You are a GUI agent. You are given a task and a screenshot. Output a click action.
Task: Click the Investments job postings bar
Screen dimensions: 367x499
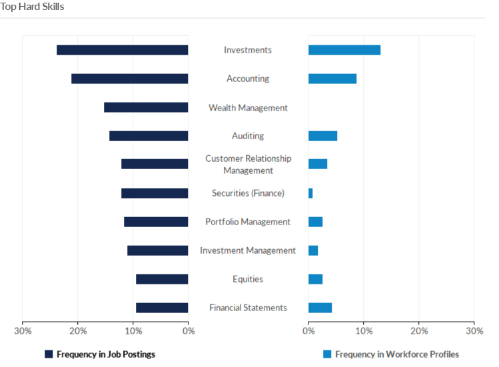click(123, 50)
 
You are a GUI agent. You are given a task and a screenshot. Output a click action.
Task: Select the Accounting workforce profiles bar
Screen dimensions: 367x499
click(332, 79)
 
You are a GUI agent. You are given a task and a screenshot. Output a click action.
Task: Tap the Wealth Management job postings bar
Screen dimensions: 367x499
click(146, 107)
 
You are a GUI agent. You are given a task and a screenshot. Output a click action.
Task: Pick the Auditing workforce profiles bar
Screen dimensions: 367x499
click(322, 136)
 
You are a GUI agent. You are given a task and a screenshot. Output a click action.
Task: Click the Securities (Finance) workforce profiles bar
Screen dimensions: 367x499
click(310, 193)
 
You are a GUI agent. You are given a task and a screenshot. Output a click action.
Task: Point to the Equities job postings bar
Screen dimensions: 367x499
click(162, 279)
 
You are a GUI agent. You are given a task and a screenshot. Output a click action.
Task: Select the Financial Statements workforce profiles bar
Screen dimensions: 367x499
click(320, 308)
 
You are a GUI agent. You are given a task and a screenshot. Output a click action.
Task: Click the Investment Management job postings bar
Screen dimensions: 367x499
click(158, 250)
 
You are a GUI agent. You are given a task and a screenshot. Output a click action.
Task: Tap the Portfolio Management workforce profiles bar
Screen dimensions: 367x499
click(315, 222)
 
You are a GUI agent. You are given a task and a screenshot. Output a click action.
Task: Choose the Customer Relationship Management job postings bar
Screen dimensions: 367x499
click(155, 164)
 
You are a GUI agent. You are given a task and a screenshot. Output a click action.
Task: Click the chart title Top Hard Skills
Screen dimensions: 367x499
click(32, 7)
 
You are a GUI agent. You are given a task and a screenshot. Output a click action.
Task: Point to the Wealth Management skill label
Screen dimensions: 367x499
click(248, 107)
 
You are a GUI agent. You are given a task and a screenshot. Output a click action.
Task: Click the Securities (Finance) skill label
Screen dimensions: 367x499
click(248, 193)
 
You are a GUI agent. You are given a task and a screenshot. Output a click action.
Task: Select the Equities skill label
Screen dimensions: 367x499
click(248, 279)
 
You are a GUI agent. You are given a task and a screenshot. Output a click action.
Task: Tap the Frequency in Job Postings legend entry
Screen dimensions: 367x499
click(100, 354)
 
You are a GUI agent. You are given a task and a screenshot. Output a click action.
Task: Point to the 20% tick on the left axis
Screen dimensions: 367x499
click(78, 330)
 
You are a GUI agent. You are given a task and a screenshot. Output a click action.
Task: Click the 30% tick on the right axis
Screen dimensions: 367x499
click(474, 330)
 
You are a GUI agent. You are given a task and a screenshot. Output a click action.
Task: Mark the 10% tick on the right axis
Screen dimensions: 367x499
click(363, 330)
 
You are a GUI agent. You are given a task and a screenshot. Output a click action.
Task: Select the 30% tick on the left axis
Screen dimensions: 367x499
click(23, 330)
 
